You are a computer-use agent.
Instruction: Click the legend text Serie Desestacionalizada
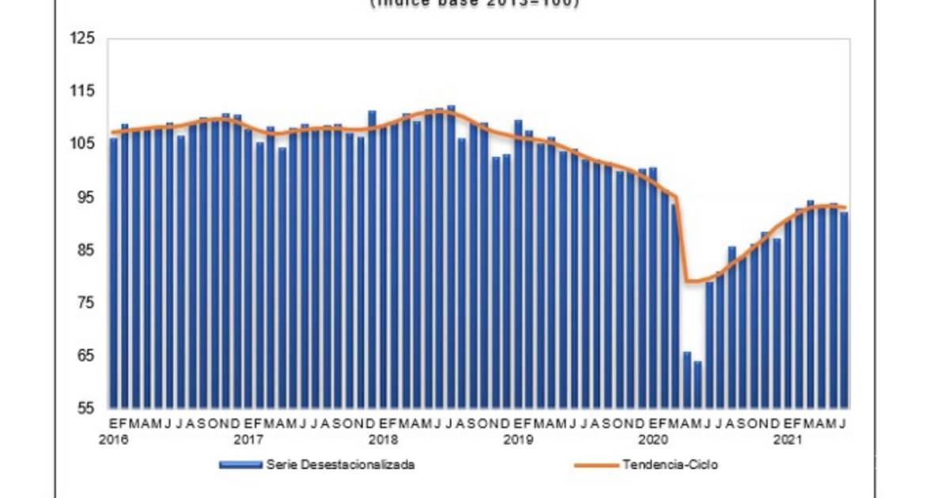click(x=341, y=465)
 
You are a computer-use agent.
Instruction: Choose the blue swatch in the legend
click(x=240, y=465)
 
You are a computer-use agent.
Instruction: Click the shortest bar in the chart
click(x=698, y=385)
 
